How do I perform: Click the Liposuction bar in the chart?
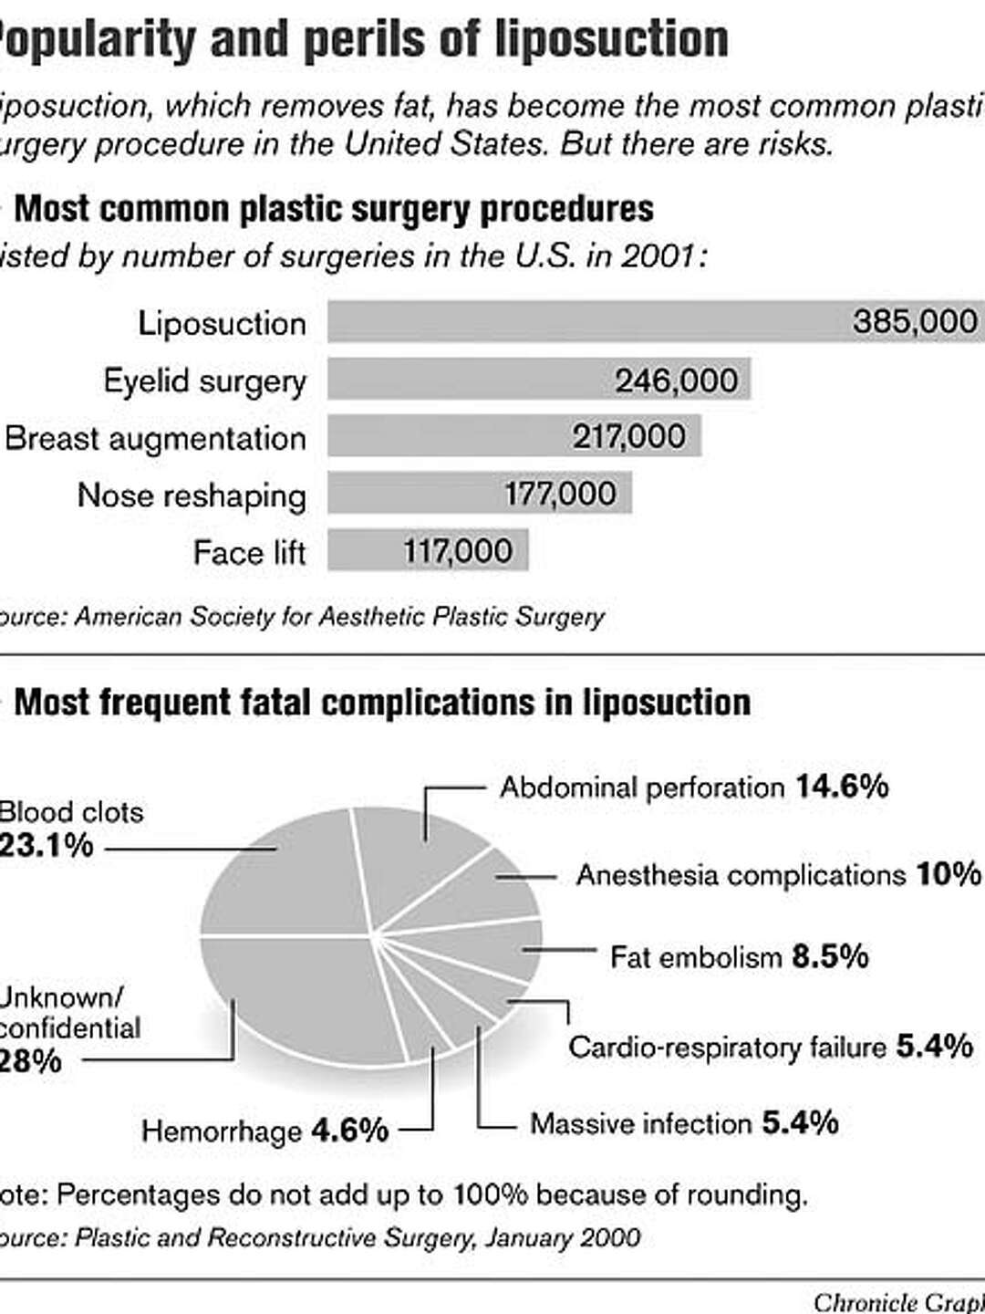[584, 322]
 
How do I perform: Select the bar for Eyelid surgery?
[474, 380]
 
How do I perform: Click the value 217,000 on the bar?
[629, 436]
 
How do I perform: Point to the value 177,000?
[561, 494]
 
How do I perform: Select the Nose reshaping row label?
[192, 495]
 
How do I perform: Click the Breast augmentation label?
[155, 438]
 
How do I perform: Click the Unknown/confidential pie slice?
[292, 995]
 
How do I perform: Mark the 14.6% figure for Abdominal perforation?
[842, 787]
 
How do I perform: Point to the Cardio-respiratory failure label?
[727, 1047]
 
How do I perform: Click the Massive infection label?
[641, 1123]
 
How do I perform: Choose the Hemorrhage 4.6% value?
[350, 1131]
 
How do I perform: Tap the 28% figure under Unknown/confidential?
[31, 1060]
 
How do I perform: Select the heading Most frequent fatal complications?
[383, 702]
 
